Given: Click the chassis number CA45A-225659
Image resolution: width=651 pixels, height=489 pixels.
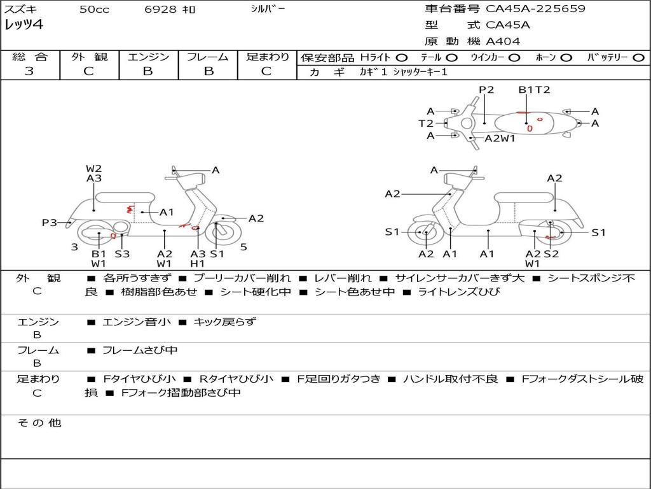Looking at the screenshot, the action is [535, 9].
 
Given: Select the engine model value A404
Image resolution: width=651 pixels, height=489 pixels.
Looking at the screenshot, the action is [503, 41].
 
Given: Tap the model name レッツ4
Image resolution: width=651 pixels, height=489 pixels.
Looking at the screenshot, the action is [24, 25].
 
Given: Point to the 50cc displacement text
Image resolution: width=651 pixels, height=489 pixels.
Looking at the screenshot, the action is [94, 10].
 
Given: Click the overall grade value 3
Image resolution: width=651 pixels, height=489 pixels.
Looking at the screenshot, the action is [29, 71].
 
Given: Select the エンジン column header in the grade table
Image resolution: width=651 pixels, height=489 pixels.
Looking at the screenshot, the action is [148, 57].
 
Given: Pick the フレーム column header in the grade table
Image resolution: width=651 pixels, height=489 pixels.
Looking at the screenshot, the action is [207, 57].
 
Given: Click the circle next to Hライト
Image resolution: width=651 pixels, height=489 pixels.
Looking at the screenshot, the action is [401, 58].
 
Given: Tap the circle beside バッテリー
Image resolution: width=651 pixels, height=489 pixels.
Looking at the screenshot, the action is [638, 58].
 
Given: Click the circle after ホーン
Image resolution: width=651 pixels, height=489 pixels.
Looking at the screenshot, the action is [566, 58].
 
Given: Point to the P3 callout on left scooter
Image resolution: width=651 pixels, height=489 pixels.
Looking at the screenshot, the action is [50, 223].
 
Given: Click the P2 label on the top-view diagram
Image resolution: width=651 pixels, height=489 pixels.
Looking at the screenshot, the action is [486, 90].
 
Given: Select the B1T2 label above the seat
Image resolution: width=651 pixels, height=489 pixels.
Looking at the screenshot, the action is [534, 90].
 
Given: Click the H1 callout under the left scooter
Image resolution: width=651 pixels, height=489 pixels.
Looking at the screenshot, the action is [198, 263].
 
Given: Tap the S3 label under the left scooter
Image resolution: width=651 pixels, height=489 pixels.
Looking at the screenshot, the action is [122, 254].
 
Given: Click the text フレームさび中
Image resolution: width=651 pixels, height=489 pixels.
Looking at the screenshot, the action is [140, 350].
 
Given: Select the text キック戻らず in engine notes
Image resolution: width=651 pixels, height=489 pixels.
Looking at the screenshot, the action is [224, 322].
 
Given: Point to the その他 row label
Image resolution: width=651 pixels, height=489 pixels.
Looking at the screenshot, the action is [39, 423].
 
